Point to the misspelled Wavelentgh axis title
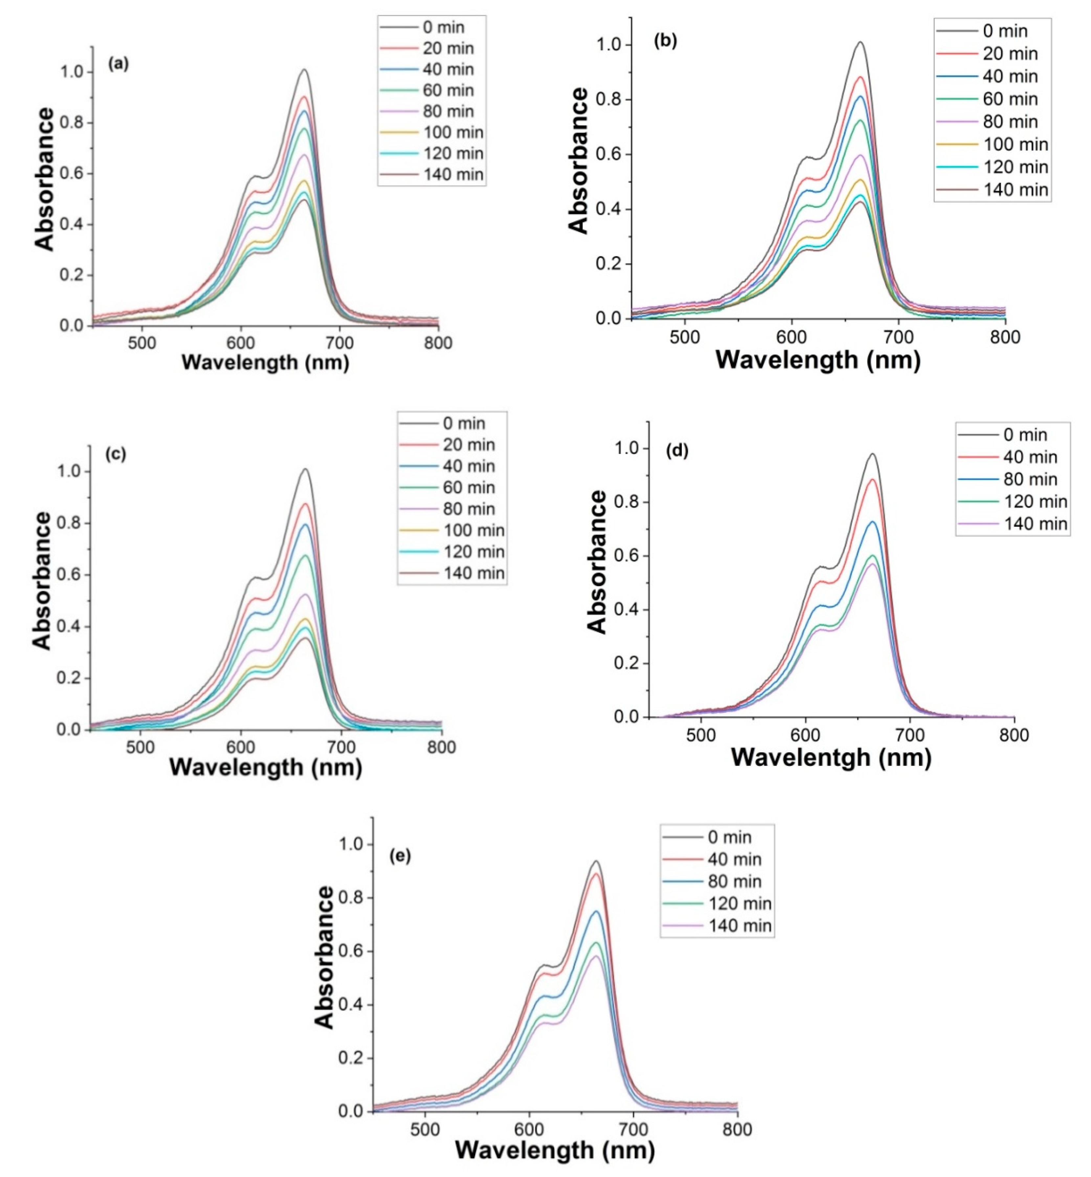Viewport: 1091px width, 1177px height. pyautogui.click(x=831, y=757)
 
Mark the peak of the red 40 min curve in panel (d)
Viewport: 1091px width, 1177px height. pyautogui.click(x=872, y=479)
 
